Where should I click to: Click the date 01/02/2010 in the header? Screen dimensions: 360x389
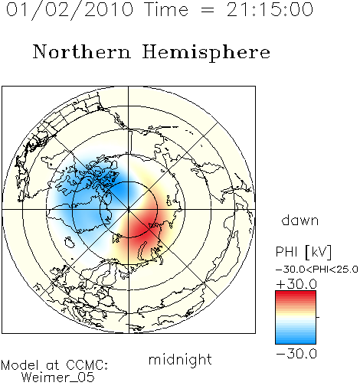tap(70, 9)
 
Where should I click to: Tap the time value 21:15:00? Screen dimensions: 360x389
tap(270, 9)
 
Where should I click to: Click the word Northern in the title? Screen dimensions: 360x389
tap(82, 51)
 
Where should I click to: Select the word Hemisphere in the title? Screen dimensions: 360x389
tap(206, 52)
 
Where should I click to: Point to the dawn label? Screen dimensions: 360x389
tap(300, 220)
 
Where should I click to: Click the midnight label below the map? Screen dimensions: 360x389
tap(180, 359)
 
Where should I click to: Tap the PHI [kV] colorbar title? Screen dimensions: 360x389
tap(303, 252)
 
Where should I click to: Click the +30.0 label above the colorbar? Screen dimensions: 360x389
tap(297, 284)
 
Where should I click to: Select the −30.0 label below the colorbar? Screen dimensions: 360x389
tap(296, 354)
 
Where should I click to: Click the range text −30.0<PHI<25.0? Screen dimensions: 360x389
tap(317, 270)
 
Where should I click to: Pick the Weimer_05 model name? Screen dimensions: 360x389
tap(58, 378)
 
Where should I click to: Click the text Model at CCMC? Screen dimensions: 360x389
tap(54, 365)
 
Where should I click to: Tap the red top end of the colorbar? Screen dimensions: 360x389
tap(296, 293)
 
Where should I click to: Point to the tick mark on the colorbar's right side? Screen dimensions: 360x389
tap(318, 317)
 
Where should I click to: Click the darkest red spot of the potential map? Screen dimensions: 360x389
tap(141, 227)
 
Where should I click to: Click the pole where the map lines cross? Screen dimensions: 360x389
tap(129, 209)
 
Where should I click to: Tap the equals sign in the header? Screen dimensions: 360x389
tap(208, 10)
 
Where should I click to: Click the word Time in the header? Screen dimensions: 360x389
tap(166, 9)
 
